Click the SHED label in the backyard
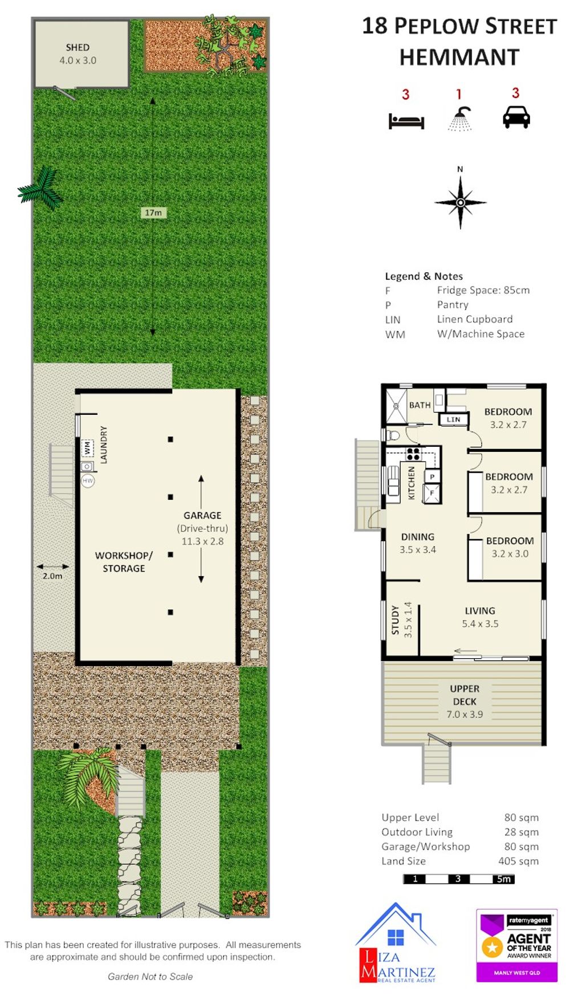tap(78, 47)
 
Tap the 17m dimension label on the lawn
tap(153, 213)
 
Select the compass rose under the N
tap(461, 202)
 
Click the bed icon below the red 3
tap(406, 121)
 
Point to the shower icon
tap(460, 119)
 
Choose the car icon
tap(516, 118)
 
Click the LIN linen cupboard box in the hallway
tap(454, 419)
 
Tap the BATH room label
tap(420, 405)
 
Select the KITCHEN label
tap(412, 483)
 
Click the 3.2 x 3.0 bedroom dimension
tap(510, 553)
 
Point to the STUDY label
tap(395, 620)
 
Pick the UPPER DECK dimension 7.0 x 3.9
tap(465, 714)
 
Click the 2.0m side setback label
tap(52, 576)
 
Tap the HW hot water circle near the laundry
tap(87, 481)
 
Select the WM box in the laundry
tap(87, 448)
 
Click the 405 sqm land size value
tap(519, 861)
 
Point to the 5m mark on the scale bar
tap(503, 879)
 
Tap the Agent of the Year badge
tap(517, 945)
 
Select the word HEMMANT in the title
tap(459, 58)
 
